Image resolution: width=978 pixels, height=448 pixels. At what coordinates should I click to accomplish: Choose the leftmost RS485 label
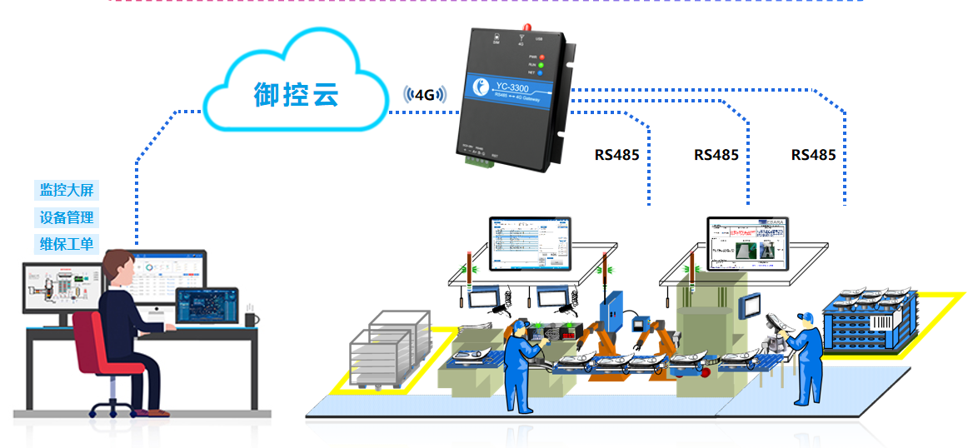point(616,155)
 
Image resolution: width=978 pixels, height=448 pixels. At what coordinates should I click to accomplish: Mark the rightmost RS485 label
point(813,155)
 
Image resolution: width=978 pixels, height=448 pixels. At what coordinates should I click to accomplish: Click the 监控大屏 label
point(67,190)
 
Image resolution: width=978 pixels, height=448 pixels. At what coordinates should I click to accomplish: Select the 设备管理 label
point(67,217)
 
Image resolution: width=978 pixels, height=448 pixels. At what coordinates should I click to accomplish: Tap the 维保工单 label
point(67,245)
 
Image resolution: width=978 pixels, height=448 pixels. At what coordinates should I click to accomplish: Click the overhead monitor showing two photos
point(747,243)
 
